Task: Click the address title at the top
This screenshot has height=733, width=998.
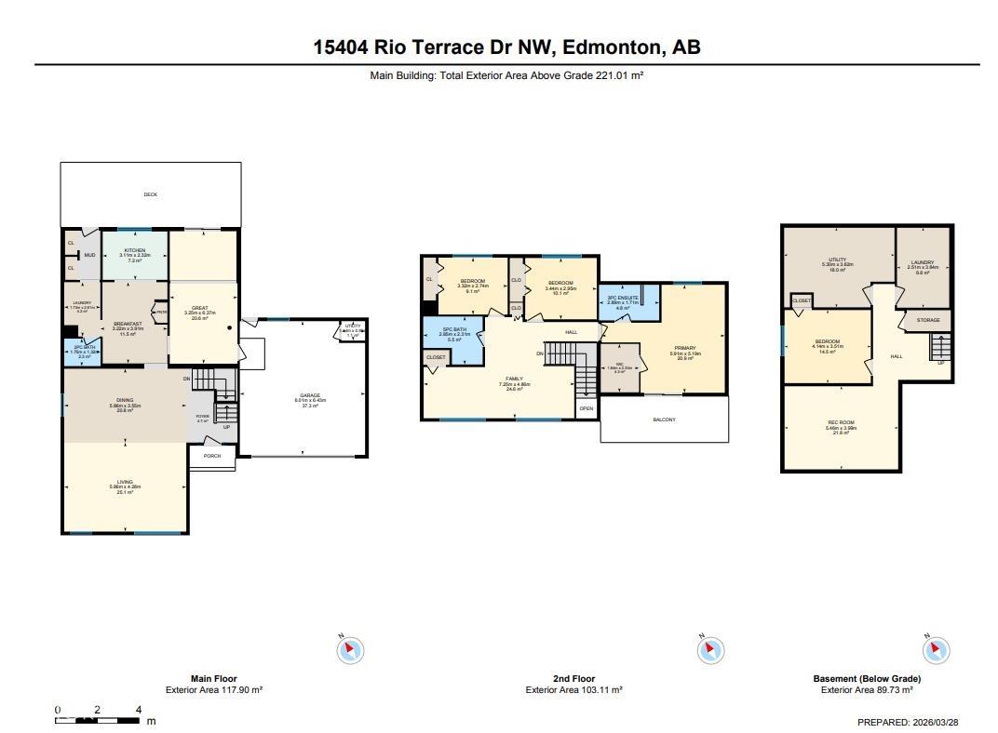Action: coord(506,47)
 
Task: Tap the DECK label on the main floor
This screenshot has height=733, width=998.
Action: coord(151,194)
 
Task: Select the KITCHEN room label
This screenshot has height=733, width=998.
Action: coord(135,250)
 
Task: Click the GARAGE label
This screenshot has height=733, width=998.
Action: coord(310,395)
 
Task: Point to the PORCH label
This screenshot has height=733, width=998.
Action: coord(212,457)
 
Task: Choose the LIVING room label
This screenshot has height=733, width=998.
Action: coord(125,482)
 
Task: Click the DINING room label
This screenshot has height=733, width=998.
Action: coord(125,400)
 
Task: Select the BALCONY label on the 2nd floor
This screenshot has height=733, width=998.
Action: coord(664,420)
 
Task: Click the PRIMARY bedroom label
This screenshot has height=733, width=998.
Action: coord(685,349)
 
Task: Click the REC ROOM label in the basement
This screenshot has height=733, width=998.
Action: coord(841,423)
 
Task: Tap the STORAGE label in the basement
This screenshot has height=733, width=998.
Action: coord(928,320)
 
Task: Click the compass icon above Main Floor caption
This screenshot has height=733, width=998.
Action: coord(350,649)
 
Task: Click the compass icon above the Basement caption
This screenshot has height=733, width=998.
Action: coord(937,649)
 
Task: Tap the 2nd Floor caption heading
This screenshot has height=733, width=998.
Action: coord(573,679)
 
